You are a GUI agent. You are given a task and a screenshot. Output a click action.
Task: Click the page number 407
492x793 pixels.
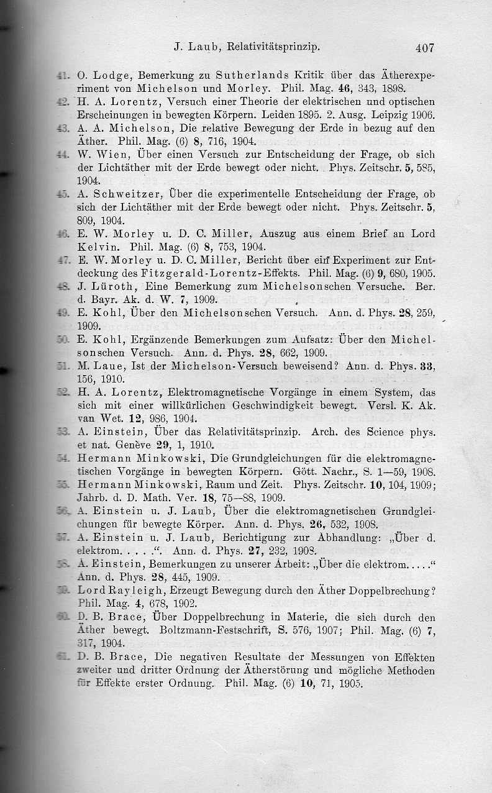pos(421,47)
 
